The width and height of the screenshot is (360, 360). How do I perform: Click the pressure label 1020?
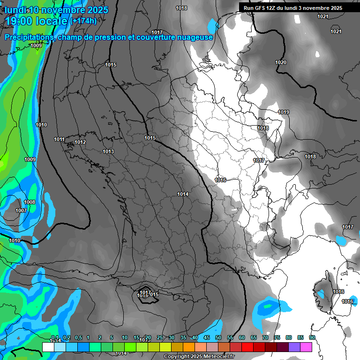pos(281,62)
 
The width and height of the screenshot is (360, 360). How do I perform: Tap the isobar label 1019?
pos(284,112)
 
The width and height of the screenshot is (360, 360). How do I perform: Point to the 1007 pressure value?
pos(21,210)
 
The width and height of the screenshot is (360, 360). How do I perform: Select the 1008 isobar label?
pos(30,202)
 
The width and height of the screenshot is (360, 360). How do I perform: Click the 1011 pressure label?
pos(59,139)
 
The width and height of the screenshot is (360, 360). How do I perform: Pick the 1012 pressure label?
pos(80,142)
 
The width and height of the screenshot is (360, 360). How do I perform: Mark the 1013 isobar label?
pos(108,151)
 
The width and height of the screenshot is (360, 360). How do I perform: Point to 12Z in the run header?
pos(271,8)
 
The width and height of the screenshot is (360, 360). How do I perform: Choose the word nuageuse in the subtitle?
pos(194,37)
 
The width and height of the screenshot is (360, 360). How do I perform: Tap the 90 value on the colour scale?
pos(312,337)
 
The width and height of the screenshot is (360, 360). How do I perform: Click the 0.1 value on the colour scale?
pos(55,337)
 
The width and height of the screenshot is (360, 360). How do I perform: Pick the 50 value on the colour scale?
pos(218,337)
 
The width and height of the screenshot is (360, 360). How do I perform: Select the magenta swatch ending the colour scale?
pos(306,347)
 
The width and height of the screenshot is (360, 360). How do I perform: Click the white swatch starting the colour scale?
pos(48,347)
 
